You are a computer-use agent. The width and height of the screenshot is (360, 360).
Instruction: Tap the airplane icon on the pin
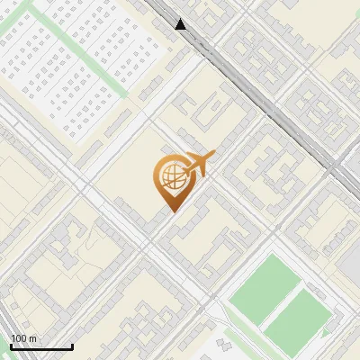(195, 165)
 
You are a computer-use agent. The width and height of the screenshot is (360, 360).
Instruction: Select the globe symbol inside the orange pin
(171, 179)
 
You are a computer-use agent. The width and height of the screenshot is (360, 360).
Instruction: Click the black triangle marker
(182, 25)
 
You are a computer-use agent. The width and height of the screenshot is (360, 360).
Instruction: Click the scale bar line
(40, 346)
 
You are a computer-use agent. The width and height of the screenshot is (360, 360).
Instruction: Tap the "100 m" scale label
(24, 338)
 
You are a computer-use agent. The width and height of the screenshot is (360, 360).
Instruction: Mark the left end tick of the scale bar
(10, 345)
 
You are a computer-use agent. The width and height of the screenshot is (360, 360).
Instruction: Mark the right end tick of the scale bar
(72, 345)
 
